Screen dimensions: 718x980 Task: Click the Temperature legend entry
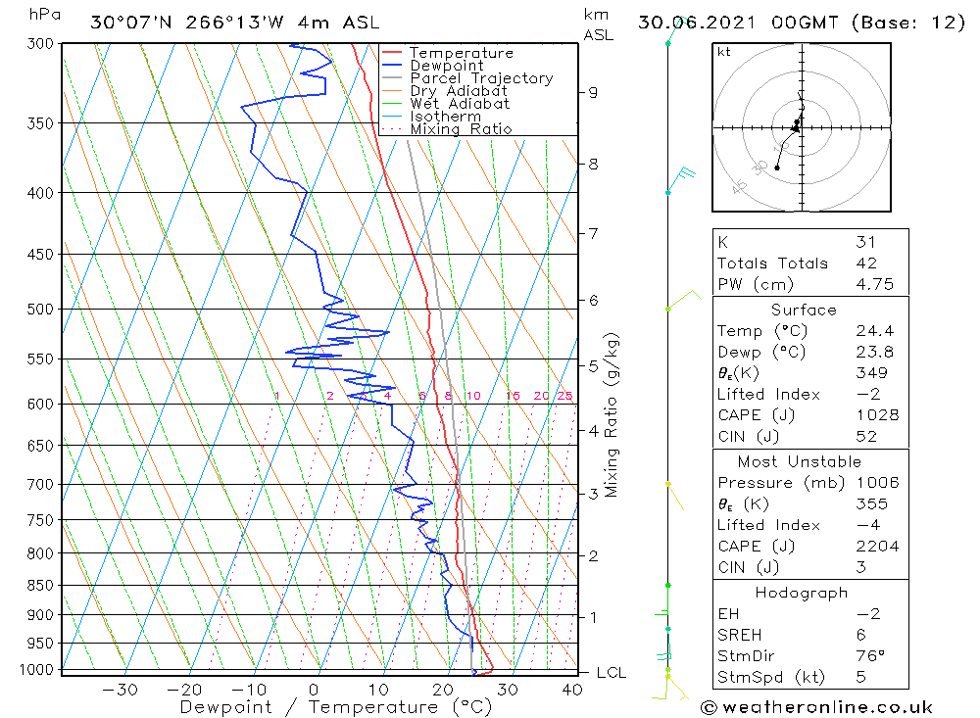461,53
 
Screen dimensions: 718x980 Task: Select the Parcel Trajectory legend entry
481,78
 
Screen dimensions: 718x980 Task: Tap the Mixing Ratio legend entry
461,129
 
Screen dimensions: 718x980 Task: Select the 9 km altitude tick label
593,92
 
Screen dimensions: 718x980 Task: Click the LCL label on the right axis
611,673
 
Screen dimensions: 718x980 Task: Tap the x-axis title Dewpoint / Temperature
319,707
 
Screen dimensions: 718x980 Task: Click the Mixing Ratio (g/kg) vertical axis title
612,415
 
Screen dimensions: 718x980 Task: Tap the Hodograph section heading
803,593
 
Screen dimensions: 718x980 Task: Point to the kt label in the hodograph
724,52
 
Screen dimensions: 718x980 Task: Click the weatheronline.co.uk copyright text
816,707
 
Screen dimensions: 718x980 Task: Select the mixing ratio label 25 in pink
564,396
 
